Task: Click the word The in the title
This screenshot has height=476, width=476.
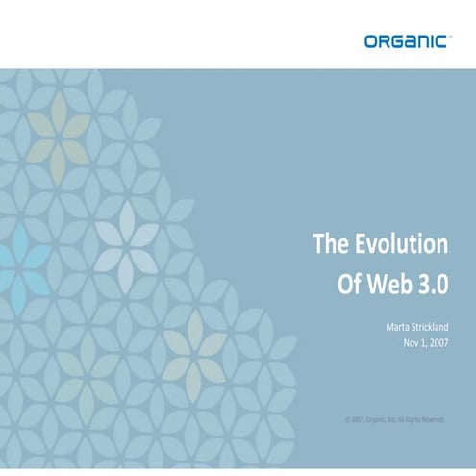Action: [329, 244]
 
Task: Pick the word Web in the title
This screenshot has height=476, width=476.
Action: [384, 286]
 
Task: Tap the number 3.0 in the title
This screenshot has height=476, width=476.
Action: [430, 286]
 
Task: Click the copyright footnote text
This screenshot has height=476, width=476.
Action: [395, 419]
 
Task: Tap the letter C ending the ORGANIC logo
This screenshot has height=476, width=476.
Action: [441, 40]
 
